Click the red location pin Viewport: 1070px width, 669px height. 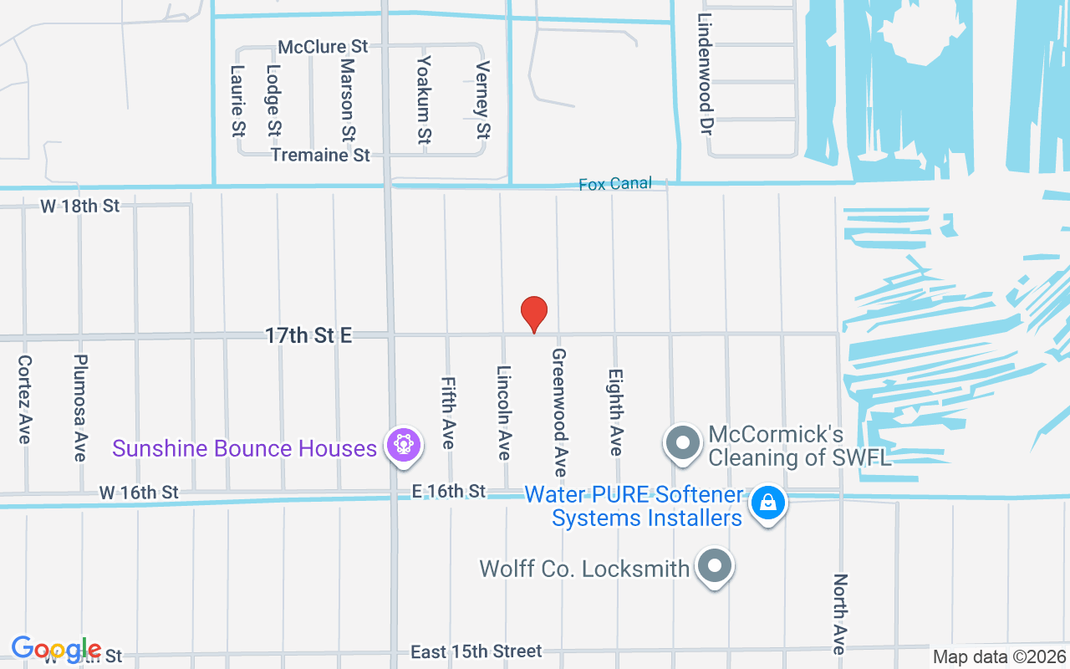click(534, 314)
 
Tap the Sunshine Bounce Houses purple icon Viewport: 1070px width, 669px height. click(404, 444)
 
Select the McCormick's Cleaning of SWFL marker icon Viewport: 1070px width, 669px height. click(683, 443)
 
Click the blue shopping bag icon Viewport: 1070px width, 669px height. click(767, 503)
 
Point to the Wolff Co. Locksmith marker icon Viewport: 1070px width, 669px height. click(714, 566)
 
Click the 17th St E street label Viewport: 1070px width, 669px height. click(308, 335)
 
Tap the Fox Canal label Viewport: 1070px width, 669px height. click(614, 184)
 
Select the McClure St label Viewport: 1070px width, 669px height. click(324, 47)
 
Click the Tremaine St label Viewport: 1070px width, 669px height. click(320, 156)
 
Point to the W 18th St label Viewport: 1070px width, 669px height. click(80, 206)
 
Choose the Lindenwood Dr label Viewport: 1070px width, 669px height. click(705, 74)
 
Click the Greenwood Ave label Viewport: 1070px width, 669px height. click(559, 413)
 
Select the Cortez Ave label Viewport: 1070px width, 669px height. click(24, 399)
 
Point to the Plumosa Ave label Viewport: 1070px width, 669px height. click(80, 407)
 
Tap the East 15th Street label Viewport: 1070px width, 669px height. click(476, 651)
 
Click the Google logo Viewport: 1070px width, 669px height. click(56, 649)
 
